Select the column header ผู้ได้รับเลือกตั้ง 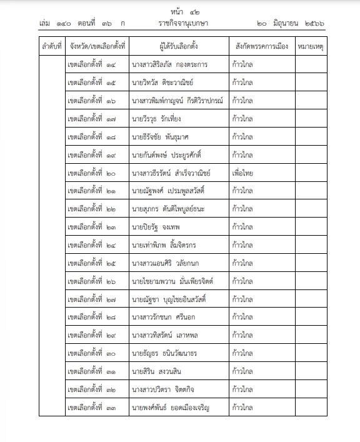[178, 46]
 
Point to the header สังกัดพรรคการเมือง [262, 46]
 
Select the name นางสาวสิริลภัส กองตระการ [170, 64]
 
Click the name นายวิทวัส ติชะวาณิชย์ [163, 83]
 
